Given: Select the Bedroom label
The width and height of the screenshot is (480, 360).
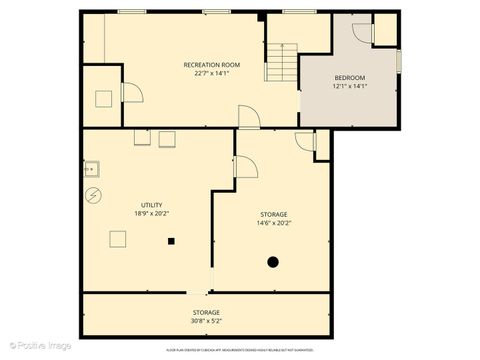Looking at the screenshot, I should click(349, 78).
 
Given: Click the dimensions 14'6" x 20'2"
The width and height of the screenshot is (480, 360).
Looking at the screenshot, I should click(273, 223).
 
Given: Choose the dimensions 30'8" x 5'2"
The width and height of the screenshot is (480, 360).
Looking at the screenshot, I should click(206, 320).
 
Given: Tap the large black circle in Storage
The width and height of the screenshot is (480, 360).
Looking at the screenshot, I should click(272, 262).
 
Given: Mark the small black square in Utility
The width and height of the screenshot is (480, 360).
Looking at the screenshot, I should click(172, 241).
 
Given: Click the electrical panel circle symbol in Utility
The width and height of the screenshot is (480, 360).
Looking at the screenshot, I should click(94, 194).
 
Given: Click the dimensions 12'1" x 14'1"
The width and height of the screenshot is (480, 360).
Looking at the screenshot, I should click(349, 86).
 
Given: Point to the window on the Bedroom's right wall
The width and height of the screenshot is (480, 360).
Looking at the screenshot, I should click(398, 60).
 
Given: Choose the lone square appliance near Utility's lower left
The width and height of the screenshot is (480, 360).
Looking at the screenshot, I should click(118, 239).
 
